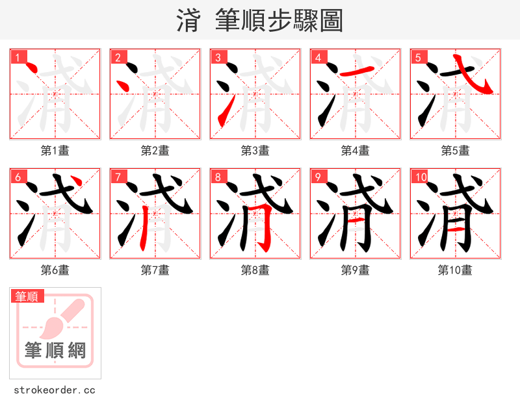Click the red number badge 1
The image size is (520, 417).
coord(18,57)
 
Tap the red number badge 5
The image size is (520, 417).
coord(418,57)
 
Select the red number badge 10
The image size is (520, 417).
coord(420,177)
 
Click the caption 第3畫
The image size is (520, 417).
coord(255,151)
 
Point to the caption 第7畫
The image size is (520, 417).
coord(155,270)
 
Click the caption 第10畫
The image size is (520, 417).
coord(455,270)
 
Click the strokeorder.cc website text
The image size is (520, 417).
coord(55,390)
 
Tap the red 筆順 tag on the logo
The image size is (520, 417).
coord(27,296)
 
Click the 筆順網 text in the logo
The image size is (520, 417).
coord(55,351)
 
